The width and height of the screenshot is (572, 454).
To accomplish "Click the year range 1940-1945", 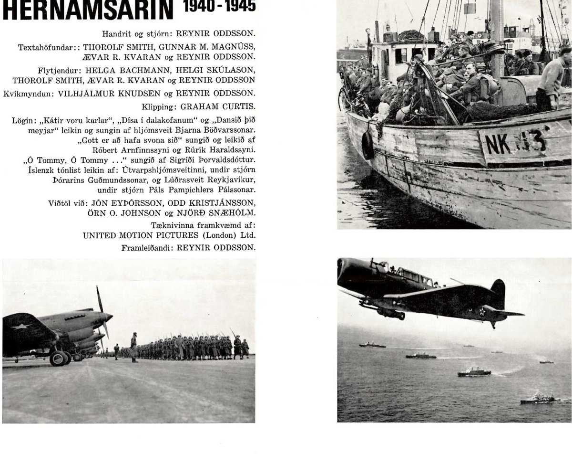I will [219, 6].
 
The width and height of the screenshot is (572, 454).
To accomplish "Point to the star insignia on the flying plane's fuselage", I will [482, 311].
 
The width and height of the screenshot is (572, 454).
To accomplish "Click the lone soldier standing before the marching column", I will [134, 347].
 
